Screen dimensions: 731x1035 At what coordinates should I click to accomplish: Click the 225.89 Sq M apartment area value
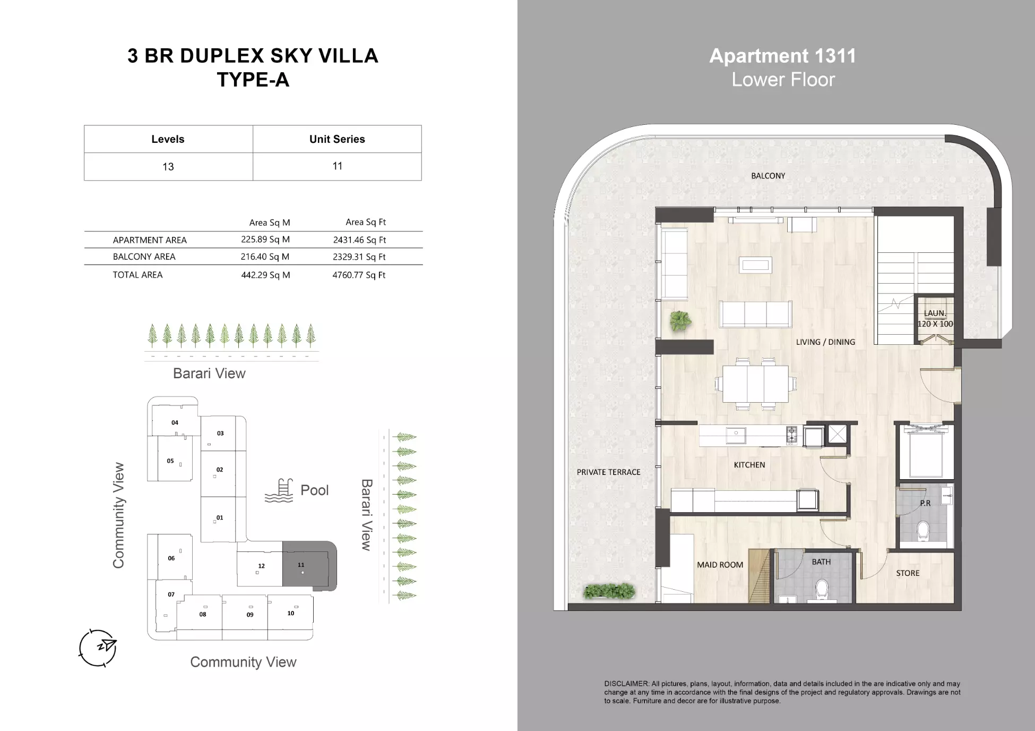pyautogui.click(x=265, y=240)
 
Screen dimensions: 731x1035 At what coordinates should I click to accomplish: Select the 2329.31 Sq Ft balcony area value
pyautogui.click(x=359, y=257)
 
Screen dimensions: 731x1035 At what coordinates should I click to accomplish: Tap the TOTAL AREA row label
pyautogui.click(x=137, y=275)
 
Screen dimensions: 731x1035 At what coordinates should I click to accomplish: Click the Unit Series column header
pyautogui.click(x=337, y=139)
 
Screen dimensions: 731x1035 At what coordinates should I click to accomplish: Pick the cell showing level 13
pyautogui.click(x=168, y=167)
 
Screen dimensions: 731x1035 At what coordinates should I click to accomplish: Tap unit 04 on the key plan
pyautogui.click(x=175, y=422)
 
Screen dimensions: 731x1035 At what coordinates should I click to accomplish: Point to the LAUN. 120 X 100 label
pyautogui.click(x=935, y=319)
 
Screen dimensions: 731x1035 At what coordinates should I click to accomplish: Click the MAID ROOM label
pyautogui.click(x=720, y=565)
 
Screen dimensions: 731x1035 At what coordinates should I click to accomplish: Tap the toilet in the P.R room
pyautogui.click(x=924, y=530)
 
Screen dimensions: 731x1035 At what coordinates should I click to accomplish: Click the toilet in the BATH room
pyautogui.click(x=822, y=589)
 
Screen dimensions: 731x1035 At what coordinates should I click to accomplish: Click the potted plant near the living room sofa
pyautogui.click(x=680, y=321)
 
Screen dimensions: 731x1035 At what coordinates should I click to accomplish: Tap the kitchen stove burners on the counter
pyautogui.click(x=791, y=436)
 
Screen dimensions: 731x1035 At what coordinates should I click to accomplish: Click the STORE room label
pyautogui.click(x=908, y=573)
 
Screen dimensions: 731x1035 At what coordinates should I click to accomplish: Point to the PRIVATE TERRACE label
pyautogui.click(x=608, y=472)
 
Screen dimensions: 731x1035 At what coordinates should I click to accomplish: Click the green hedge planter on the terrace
pyautogui.click(x=609, y=591)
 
